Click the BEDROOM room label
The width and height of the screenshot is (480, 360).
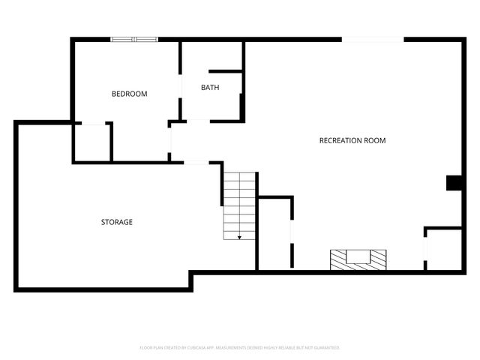[129, 94]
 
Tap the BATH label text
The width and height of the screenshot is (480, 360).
[210, 88]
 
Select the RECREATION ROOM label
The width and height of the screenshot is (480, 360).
[352, 140]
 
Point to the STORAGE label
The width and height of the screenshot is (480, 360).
[117, 222]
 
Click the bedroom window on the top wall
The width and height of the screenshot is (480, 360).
[134, 39]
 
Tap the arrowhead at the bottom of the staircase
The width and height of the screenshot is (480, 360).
[239, 237]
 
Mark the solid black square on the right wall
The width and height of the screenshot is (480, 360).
[454, 183]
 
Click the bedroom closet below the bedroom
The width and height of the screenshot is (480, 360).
[92, 142]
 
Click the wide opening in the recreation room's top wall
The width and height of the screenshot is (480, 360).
[373, 39]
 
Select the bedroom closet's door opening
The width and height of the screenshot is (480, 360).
[92, 123]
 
